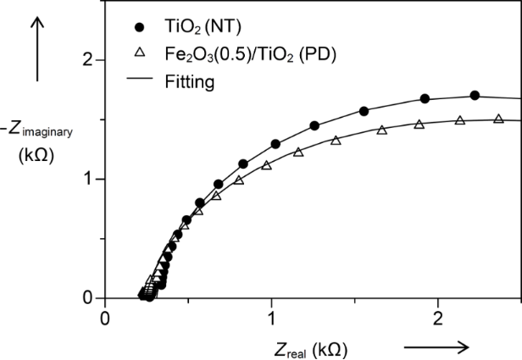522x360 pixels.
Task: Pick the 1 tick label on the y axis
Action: click(x=86, y=180)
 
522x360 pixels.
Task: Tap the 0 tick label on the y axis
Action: click(x=86, y=298)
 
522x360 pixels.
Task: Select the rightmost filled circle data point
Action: click(x=475, y=96)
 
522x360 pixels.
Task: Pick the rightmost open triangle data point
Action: click(x=498, y=119)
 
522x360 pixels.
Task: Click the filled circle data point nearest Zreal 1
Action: click(x=275, y=144)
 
